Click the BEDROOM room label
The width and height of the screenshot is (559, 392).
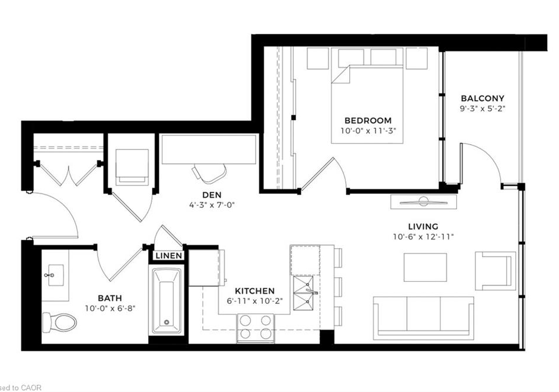pyautogui.click(x=368, y=120)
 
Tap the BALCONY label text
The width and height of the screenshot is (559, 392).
pyautogui.click(x=483, y=98)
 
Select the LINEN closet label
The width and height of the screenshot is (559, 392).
pyautogui.click(x=169, y=255)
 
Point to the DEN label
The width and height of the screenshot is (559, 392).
pyautogui.click(x=212, y=195)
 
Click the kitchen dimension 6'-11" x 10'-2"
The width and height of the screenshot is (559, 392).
pyautogui.click(x=255, y=301)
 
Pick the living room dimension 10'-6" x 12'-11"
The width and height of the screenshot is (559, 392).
pyautogui.click(x=423, y=237)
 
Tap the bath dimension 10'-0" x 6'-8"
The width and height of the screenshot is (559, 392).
pyautogui.click(x=110, y=308)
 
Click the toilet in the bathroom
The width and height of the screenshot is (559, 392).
pyautogui.click(x=59, y=323)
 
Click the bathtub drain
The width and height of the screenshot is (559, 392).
pyautogui.click(x=166, y=322)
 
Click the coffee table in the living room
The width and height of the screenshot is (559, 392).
pyautogui.click(x=425, y=267)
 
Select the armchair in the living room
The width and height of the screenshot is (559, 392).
pyautogui.click(x=495, y=271)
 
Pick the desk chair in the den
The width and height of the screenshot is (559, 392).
pyautogui.click(x=209, y=172)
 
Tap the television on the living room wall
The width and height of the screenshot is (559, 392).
pyautogui.click(x=424, y=202)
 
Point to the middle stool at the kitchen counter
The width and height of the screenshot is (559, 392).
pyautogui.click(x=339, y=287)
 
